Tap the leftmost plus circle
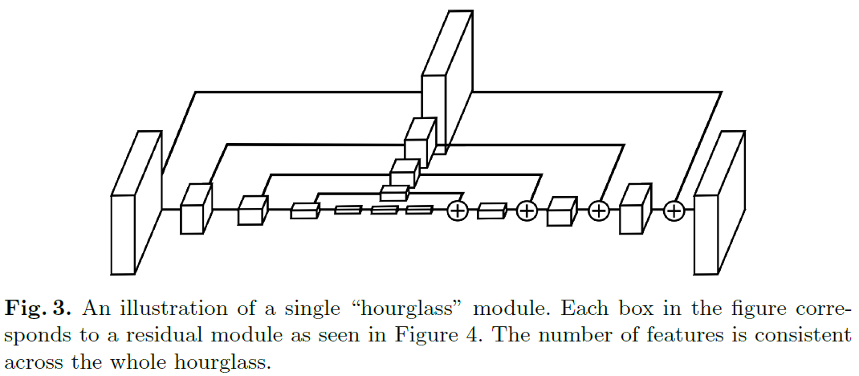point(457,210)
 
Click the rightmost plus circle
point(674,210)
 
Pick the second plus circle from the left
point(526,210)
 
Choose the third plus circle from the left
point(599,210)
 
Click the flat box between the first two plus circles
point(491,210)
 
